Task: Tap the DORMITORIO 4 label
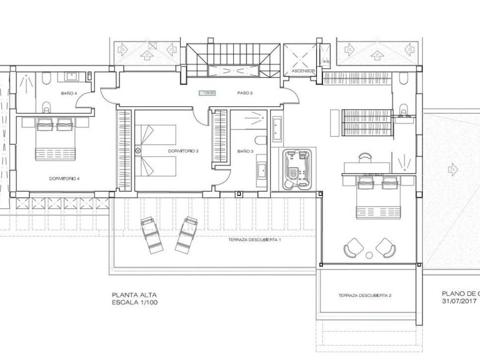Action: [x=64, y=179]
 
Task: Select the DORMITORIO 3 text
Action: [x=184, y=151]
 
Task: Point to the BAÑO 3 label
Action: [x=245, y=151]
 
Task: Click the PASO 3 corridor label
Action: [x=245, y=93]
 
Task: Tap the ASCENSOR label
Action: [x=303, y=71]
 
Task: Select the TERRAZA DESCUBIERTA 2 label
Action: [x=365, y=295]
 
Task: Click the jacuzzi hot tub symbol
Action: [x=297, y=169]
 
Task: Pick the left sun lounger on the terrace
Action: [x=152, y=235]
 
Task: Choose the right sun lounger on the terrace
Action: [x=186, y=234]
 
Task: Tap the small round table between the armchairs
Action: [x=369, y=255]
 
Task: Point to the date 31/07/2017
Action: [x=459, y=301]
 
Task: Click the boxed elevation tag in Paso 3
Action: [x=207, y=93]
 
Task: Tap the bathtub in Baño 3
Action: [x=277, y=129]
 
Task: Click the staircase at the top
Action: [x=232, y=60]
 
